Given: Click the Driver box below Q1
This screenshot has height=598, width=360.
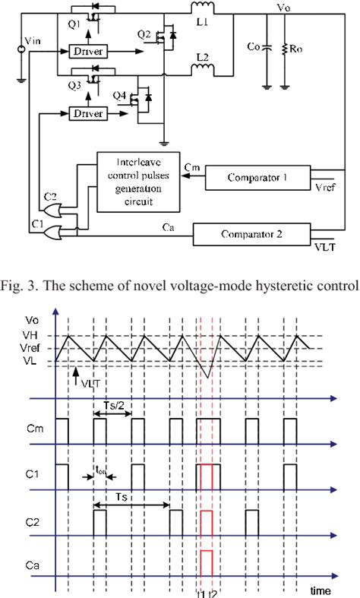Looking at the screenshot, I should (88, 52).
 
